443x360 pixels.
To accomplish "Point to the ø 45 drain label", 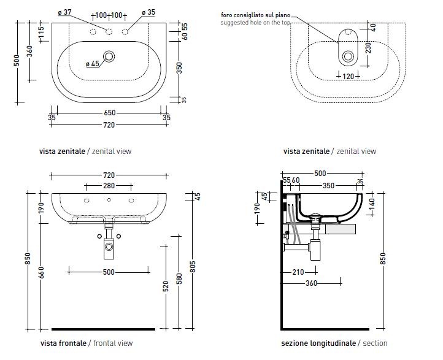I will click(93, 63).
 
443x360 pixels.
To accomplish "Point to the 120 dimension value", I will click(348, 76).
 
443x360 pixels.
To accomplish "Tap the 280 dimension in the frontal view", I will click(109, 185).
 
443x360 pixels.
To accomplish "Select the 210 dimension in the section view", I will click(299, 272).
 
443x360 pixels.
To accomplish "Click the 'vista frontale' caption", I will click(64, 343).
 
